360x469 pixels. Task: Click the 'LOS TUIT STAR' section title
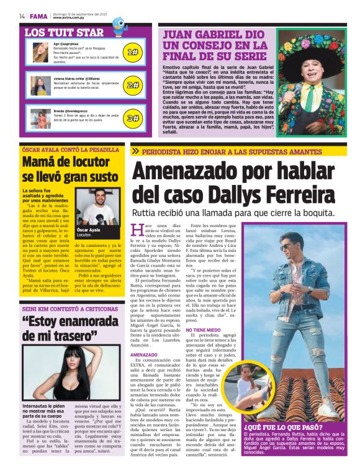[x=63, y=32]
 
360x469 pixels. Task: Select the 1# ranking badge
[x=132, y=53]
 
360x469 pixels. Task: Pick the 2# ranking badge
[x=132, y=85]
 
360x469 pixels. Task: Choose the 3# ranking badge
[x=132, y=118]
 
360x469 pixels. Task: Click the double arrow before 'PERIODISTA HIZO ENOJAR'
[x=135, y=151]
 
